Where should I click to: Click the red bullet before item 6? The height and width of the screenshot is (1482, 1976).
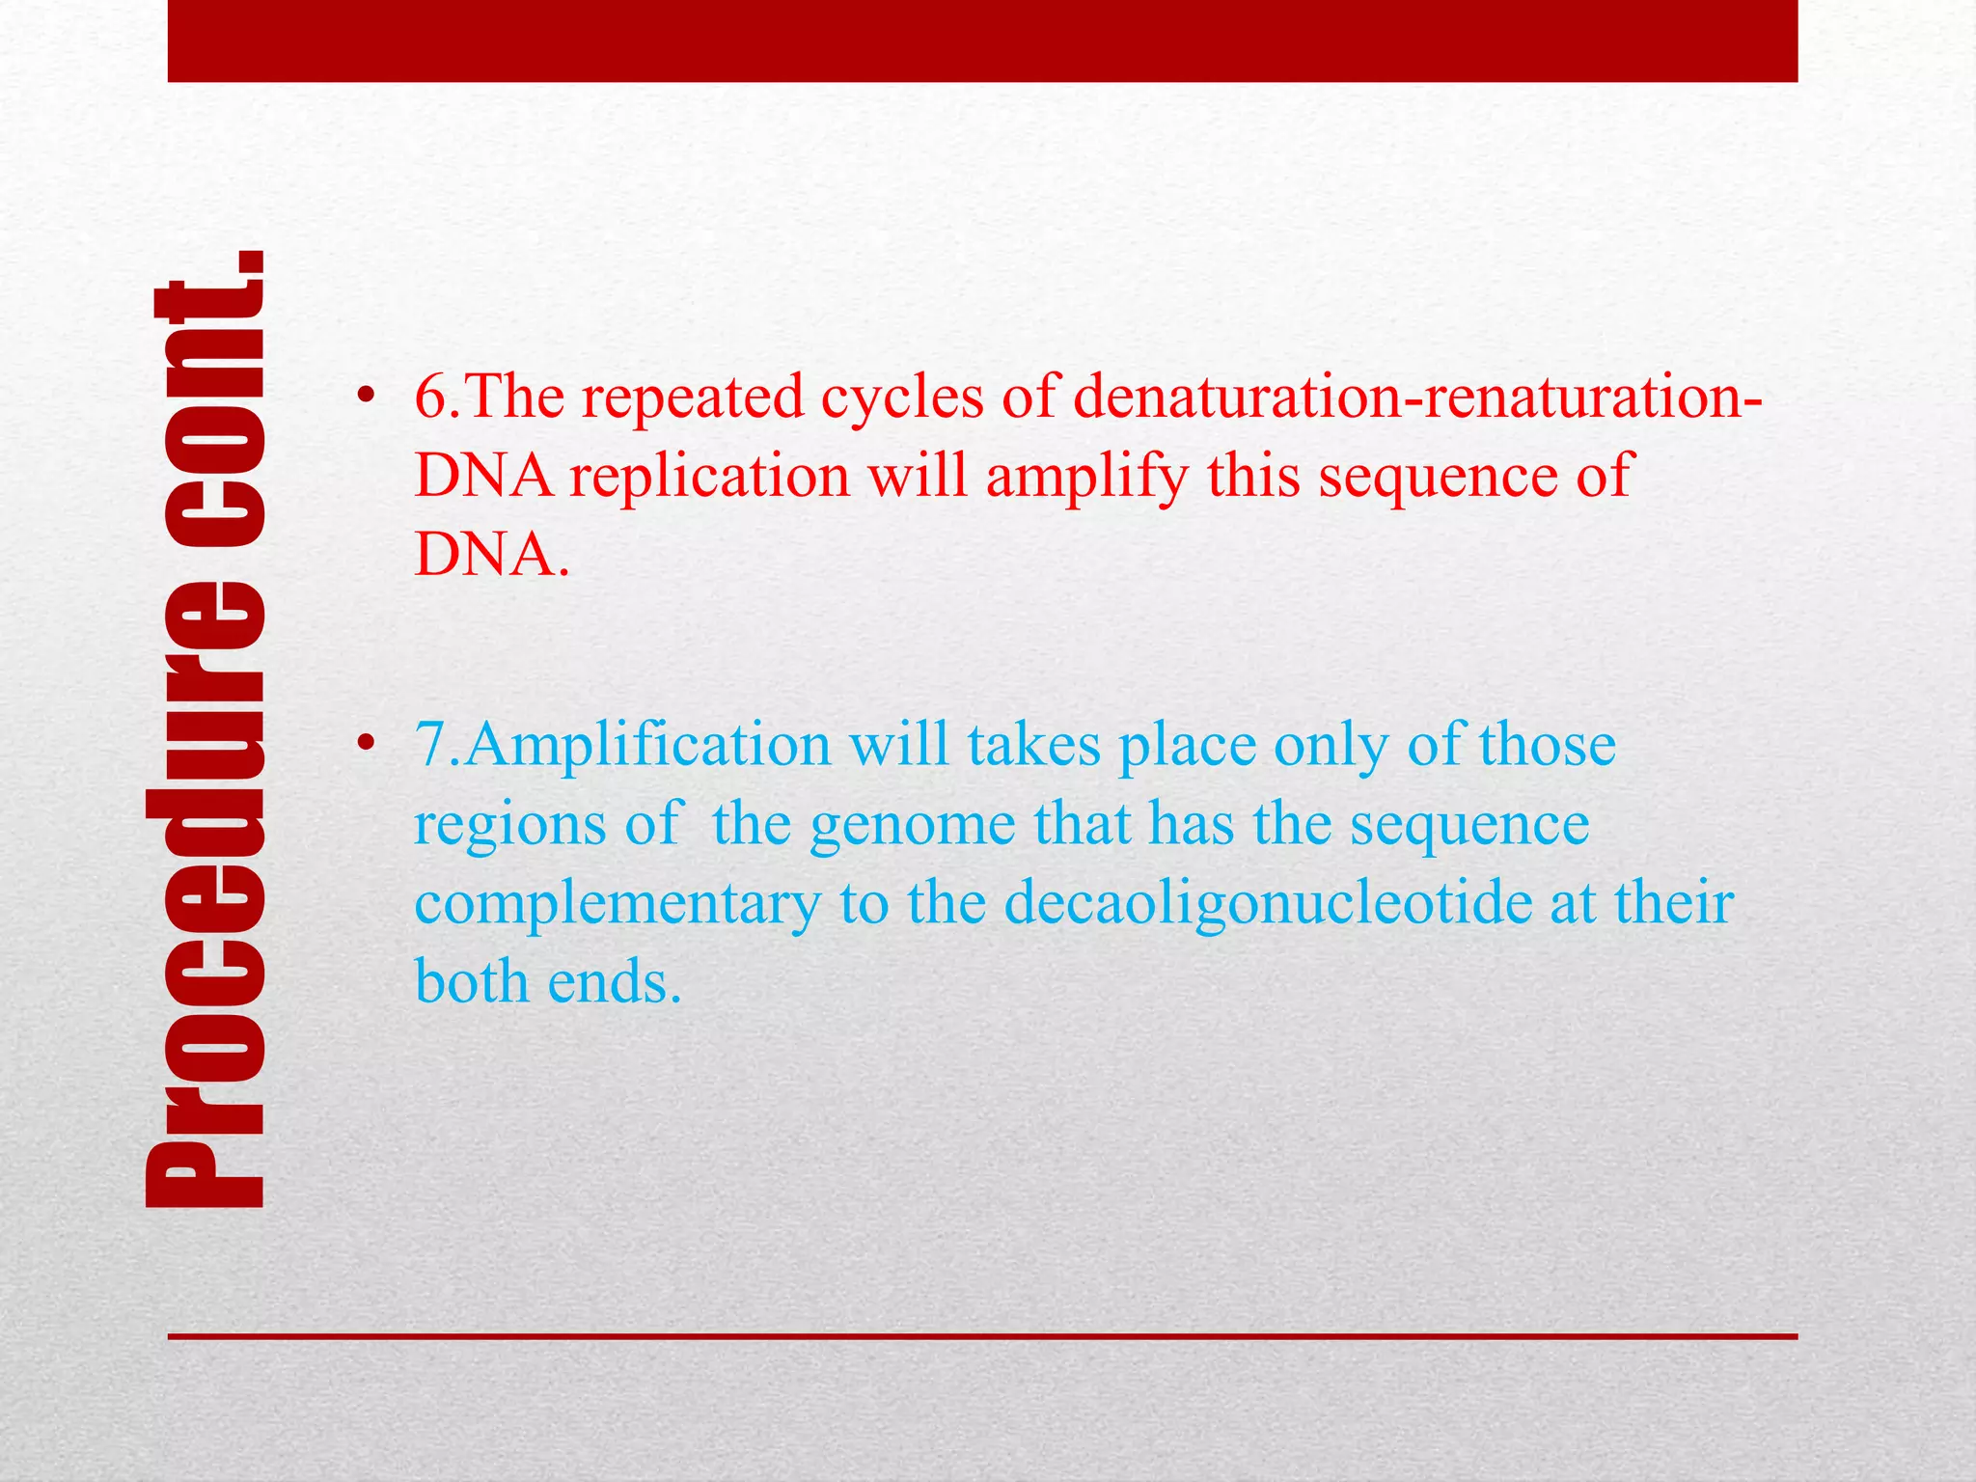click(364, 397)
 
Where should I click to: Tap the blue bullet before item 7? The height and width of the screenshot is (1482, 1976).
click(364, 745)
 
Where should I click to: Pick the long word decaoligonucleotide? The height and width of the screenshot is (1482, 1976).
click(1268, 904)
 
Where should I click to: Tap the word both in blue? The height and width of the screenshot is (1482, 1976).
click(473, 983)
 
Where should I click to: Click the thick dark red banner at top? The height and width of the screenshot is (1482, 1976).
click(982, 41)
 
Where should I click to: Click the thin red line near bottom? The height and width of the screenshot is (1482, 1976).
click(982, 1336)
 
